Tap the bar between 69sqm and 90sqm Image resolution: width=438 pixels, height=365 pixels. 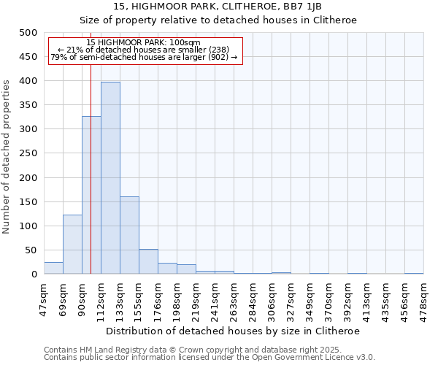[x=72, y=245]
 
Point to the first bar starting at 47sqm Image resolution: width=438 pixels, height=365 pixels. [x=53, y=268]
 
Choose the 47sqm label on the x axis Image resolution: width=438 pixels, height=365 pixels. [x=45, y=298]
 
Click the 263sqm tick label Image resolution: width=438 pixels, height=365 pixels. [x=234, y=298]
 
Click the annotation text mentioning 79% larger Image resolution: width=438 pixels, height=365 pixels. [x=144, y=57]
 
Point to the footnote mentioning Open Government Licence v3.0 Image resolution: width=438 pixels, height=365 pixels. [x=210, y=357]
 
